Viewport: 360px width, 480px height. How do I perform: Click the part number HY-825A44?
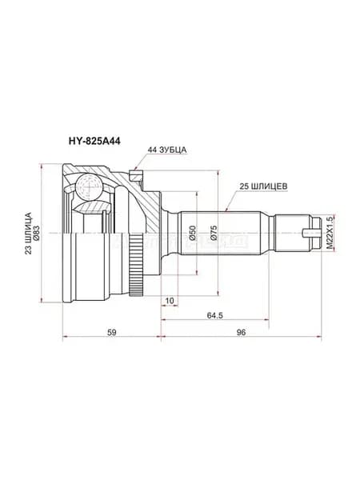(94, 141)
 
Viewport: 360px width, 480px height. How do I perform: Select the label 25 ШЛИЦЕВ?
(263, 186)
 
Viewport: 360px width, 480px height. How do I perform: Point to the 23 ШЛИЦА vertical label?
(29, 233)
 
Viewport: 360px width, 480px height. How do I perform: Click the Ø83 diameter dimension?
(37, 233)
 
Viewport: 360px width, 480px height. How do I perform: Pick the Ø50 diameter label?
(192, 234)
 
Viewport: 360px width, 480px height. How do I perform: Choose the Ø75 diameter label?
(214, 233)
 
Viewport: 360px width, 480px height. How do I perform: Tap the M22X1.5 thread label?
(329, 233)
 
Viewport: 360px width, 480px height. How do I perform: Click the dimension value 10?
(170, 301)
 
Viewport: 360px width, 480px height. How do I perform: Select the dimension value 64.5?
(214, 315)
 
